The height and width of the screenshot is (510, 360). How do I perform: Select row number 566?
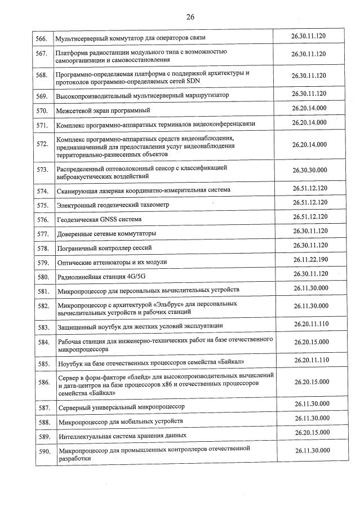click(41, 38)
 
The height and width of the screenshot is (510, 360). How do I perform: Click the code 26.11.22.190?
click(310, 260)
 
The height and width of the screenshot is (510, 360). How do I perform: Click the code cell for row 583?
click(311, 324)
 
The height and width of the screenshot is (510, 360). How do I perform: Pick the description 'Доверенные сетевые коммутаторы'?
click(106, 233)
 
